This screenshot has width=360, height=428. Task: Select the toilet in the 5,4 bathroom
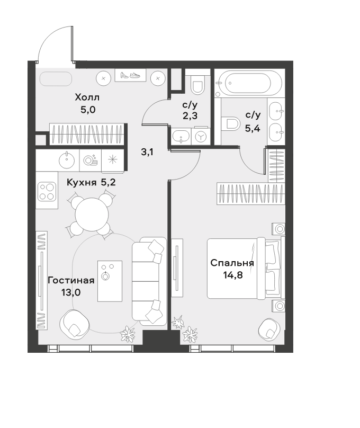point(230,123)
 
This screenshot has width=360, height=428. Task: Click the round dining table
point(92,215)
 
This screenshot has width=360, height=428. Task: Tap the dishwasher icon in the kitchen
point(91,160)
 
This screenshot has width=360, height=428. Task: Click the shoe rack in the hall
point(130,75)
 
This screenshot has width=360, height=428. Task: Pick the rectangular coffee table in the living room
point(110,281)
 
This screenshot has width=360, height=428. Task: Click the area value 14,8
point(232,275)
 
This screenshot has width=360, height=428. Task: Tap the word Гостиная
point(71,280)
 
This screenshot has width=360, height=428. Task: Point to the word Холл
point(87,97)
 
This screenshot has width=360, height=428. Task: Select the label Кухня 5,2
point(91,182)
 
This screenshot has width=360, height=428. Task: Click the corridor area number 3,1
point(147,152)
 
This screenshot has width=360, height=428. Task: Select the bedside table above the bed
point(278,229)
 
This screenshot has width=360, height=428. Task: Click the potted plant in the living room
point(128,333)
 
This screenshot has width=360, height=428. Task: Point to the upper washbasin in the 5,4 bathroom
point(276,111)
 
